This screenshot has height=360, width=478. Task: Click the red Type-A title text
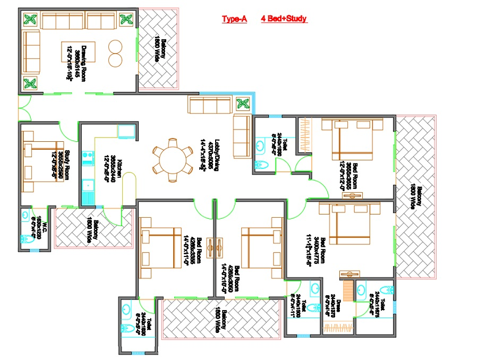(234, 19)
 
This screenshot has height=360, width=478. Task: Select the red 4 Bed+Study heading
(284, 19)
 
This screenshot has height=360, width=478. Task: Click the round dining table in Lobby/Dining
(172, 160)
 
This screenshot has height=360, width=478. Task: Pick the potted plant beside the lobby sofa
(243, 103)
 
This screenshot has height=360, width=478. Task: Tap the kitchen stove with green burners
(87, 158)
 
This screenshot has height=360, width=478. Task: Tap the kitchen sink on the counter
(87, 186)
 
